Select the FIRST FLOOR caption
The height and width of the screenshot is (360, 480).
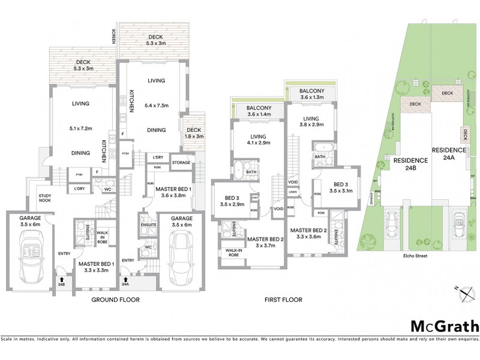pyautogui.click(x=283, y=299)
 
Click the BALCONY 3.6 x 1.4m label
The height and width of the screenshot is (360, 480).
pyautogui.click(x=259, y=110)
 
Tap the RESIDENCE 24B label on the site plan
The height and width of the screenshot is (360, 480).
pyautogui.click(x=410, y=164)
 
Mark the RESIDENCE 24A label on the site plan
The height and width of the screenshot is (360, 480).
pyautogui.click(x=448, y=154)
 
